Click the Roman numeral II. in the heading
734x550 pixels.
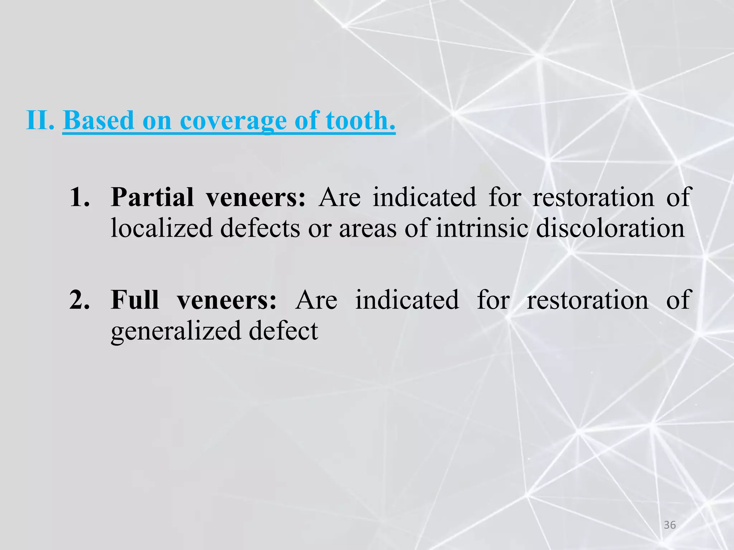40,120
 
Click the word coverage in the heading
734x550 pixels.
233,121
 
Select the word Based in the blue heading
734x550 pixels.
99,120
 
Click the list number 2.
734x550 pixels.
80,300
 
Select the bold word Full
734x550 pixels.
134,300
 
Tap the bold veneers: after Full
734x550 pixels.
227,300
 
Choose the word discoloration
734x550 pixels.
610,228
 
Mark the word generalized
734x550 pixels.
176,331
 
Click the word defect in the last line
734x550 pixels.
283,330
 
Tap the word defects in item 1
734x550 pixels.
260,228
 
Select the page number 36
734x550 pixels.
670,525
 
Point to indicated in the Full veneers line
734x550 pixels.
407,300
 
